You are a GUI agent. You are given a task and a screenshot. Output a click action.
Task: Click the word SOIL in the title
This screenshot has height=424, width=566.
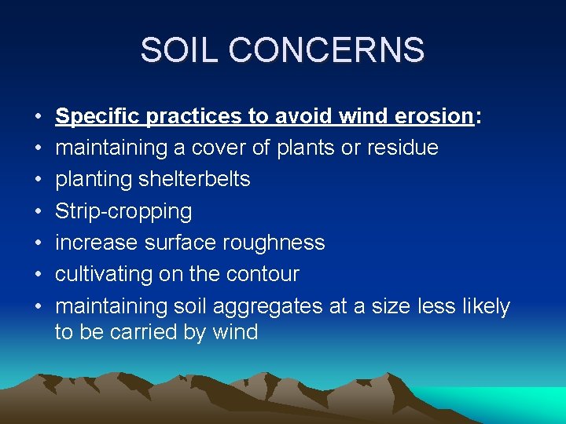pos(178,50)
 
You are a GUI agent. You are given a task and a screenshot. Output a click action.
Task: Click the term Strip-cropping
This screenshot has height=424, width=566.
pos(123,211)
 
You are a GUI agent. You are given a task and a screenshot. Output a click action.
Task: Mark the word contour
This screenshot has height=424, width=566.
pos(263,274)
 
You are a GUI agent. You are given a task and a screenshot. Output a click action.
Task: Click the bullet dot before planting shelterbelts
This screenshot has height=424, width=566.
pos(39,180)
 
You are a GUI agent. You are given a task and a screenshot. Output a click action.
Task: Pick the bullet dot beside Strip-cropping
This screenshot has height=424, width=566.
pos(39,211)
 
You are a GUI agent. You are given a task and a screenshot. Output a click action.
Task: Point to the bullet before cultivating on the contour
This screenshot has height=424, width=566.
pos(39,275)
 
